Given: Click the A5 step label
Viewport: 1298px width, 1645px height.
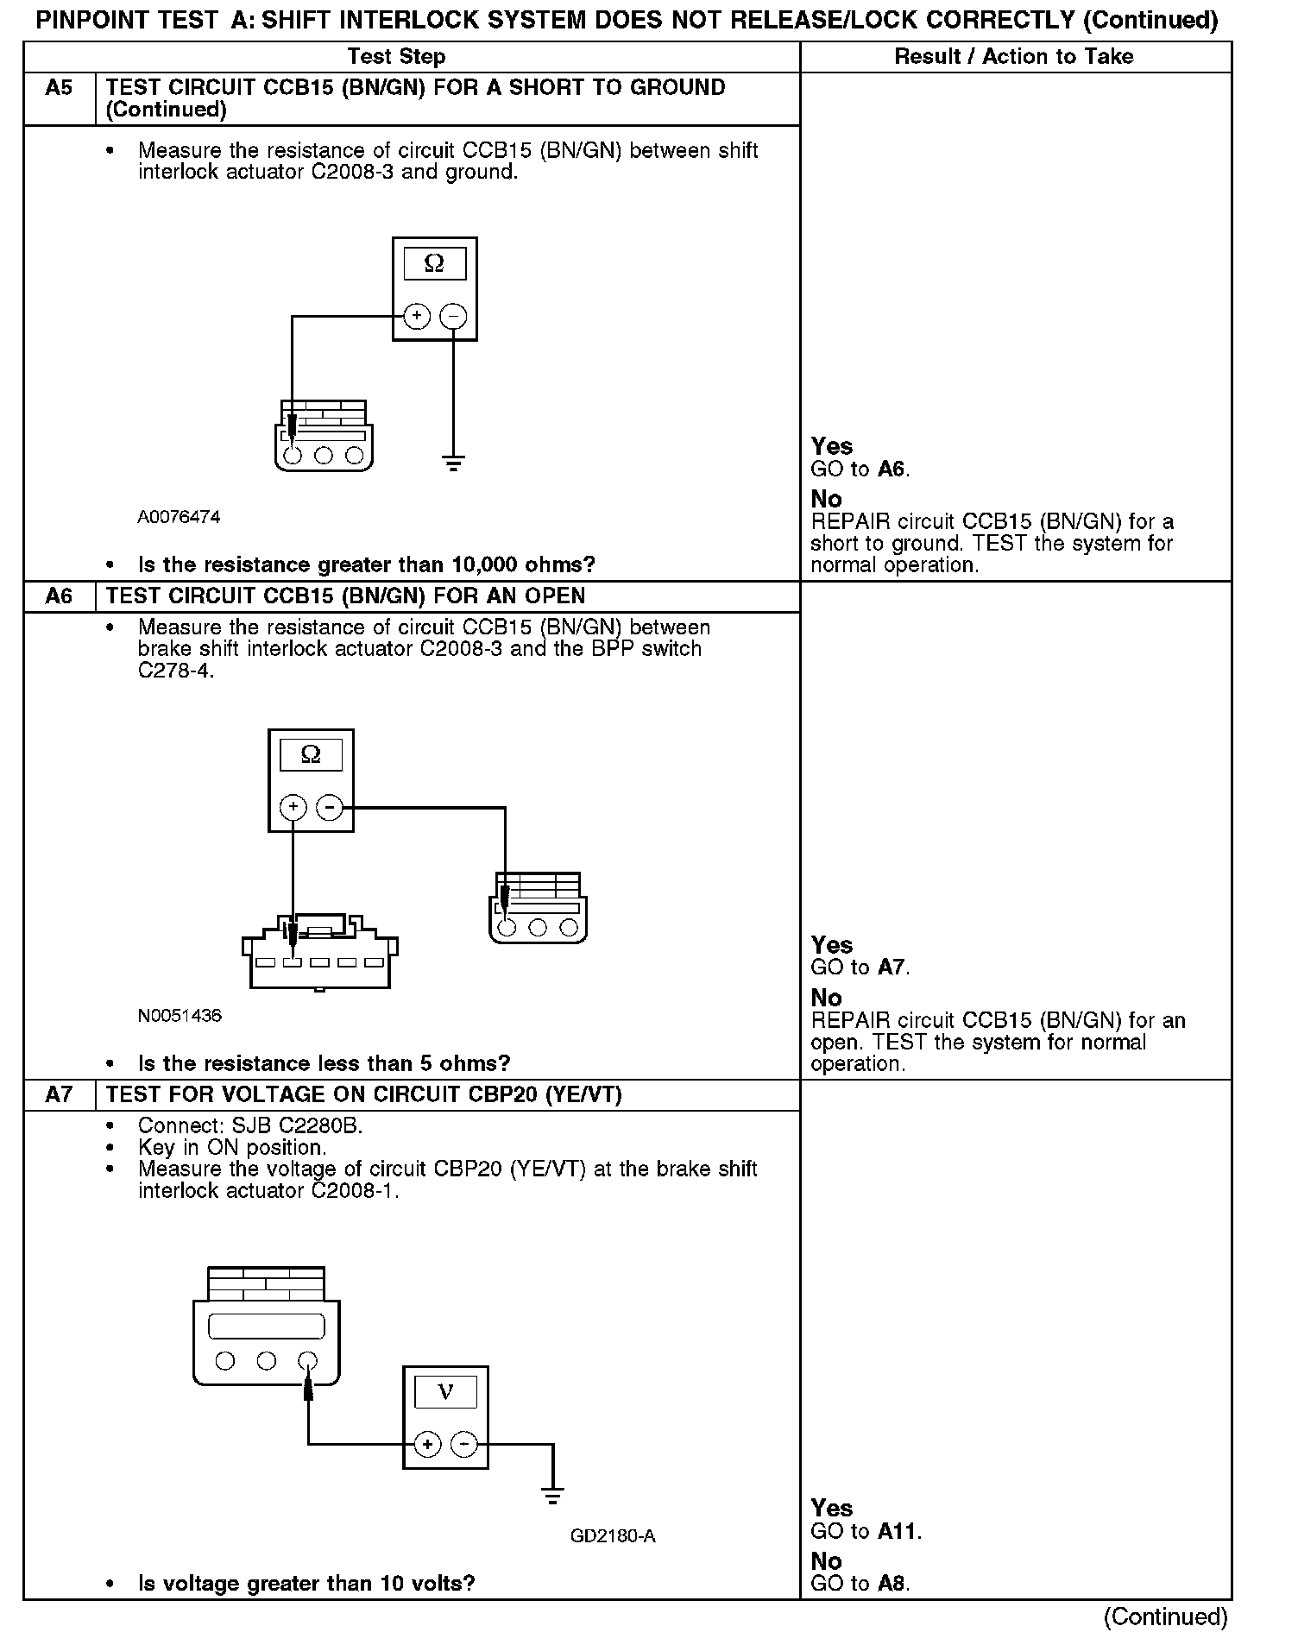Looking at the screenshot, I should pos(59,88).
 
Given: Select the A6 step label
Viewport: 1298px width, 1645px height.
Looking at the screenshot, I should pos(59,596).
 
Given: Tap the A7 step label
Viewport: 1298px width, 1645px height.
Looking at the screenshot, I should pos(59,1095).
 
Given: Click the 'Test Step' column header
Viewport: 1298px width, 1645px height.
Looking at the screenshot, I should pos(396,57).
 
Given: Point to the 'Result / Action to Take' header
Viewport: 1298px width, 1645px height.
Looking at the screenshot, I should pos(1014,57).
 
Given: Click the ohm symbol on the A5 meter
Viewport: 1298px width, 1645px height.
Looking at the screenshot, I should pos(434,263).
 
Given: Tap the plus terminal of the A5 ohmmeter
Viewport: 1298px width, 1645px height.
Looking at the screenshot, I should pos(417,317).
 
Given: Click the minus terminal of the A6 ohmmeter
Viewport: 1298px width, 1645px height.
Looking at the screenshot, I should pos(330,808).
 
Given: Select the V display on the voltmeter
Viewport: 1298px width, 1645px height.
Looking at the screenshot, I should pos(445,1391).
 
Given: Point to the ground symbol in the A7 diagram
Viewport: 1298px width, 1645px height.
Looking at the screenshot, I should pos(552,1496).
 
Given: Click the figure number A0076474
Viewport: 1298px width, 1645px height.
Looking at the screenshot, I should pos(179,517).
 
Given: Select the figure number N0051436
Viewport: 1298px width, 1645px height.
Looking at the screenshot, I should pos(180,1016).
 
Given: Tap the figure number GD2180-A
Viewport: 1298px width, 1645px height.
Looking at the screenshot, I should pos(613,1536).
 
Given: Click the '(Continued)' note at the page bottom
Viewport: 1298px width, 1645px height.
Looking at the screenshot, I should pos(1165,1617).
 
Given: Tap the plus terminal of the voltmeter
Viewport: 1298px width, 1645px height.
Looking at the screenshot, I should pos(427,1445).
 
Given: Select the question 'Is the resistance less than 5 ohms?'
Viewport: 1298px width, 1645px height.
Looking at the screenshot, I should pos(324,1063).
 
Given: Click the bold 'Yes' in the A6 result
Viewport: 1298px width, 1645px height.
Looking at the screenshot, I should pos(832,945).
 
